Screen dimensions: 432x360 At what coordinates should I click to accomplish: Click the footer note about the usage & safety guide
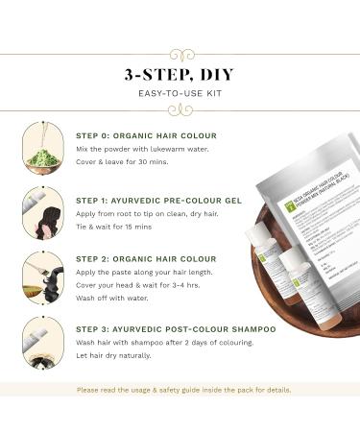pyautogui.click(x=180, y=391)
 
